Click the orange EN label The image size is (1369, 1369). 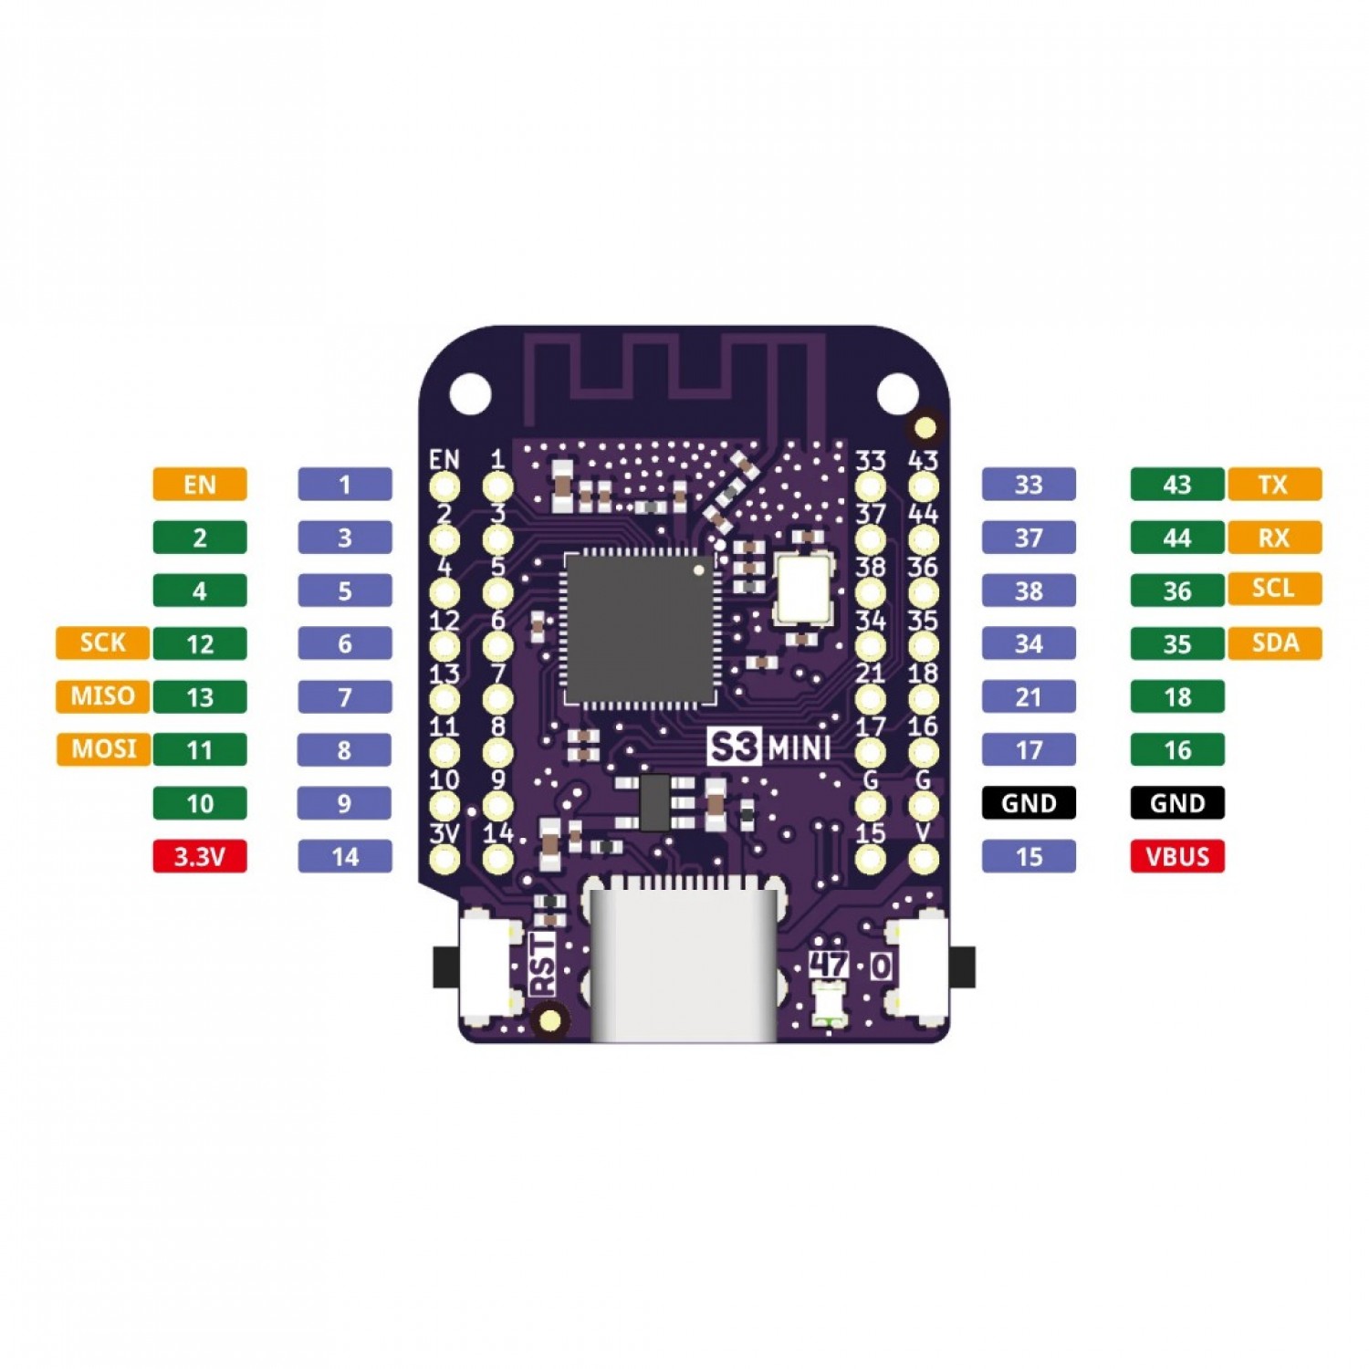[x=199, y=485]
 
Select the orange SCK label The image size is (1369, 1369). [x=102, y=643]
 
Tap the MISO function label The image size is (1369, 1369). [x=102, y=696]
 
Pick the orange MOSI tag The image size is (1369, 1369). [x=103, y=749]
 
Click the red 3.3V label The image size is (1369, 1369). [x=199, y=857]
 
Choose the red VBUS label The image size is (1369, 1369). [x=1176, y=857]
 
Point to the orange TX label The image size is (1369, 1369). [x=1274, y=485]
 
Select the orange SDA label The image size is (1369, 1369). [x=1274, y=643]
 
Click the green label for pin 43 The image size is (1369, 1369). [x=1176, y=485]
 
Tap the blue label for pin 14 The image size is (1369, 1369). [x=345, y=857]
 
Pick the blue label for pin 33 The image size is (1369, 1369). [x=1029, y=485]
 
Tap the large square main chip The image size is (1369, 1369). [x=639, y=629]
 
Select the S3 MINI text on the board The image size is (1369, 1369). [x=769, y=747]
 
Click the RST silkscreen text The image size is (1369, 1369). [x=542, y=963]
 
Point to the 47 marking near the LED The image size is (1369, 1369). [x=829, y=964]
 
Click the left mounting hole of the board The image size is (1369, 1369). [x=470, y=393]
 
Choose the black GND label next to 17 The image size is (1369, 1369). [x=1029, y=803]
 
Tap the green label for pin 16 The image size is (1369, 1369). [x=1176, y=750]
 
